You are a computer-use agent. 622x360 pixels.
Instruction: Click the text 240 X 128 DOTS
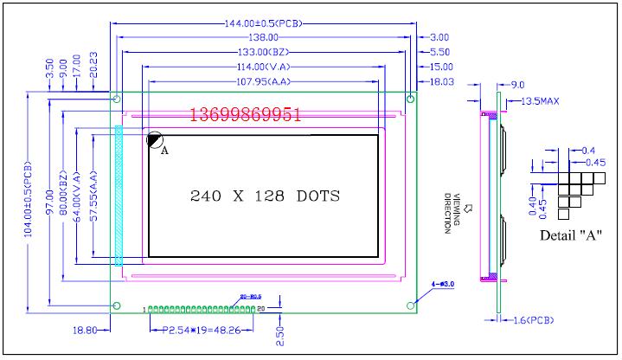[x=265, y=196]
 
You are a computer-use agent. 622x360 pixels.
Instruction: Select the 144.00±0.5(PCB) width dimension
[x=263, y=22]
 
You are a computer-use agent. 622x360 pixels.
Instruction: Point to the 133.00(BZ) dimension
[x=263, y=52]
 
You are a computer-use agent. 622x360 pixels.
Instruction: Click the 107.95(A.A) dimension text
[x=263, y=82]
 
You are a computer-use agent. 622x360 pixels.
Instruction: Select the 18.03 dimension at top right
[x=441, y=81]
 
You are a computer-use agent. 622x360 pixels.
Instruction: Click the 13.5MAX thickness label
[x=538, y=101]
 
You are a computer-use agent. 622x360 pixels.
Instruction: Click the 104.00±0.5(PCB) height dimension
[x=29, y=198]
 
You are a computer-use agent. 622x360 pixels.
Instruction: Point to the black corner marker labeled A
[x=153, y=139]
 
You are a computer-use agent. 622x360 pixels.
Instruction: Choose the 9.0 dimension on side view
[x=517, y=85]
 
